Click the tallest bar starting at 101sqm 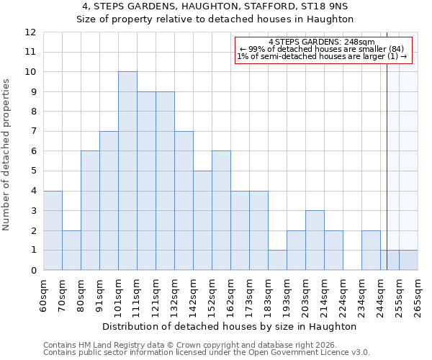pyautogui.click(x=127, y=171)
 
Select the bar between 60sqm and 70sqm pyautogui.click(x=53, y=230)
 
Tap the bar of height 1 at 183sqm pyautogui.click(x=277, y=260)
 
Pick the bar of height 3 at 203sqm pyautogui.click(x=315, y=240)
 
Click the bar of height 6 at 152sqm pyautogui.click(x=221, y=210)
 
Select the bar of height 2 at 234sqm pyautogui.click(x=371, y=250)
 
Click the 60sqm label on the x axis pyautogui.click(x=43, y=296)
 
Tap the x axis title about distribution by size pyautogui.click(x=230, y=326)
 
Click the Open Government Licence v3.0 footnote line pyautogui.click(x=207, y=353)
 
